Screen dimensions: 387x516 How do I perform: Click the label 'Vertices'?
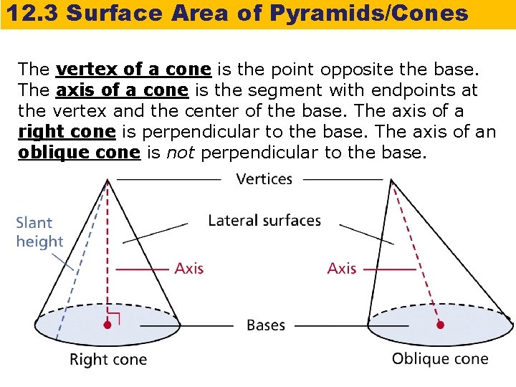point(264,178)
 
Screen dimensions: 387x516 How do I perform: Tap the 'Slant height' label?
point(39,232)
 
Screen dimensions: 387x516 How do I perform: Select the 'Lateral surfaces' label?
point(264,220)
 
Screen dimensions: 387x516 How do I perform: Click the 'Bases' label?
point(266,325)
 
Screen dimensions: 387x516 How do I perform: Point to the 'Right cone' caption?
point(108,359)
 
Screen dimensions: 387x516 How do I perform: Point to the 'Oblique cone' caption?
point(440,358)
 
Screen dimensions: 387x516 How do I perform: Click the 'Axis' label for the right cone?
point(189,269)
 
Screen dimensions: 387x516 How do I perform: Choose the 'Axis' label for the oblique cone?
point(342,269)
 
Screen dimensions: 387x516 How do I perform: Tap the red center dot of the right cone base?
point(107,325)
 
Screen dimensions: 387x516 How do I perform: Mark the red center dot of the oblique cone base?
point(440,325)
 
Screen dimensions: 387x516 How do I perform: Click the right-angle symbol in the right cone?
point(114,317)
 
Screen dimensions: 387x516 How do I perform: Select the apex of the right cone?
point(108,180)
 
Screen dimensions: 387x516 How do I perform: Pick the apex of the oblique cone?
point(391,180)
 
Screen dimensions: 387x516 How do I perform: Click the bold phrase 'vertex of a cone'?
point(133,70)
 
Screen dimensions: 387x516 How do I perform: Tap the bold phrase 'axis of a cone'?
point(122,90)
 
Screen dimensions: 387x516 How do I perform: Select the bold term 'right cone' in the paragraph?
point(67,132)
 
